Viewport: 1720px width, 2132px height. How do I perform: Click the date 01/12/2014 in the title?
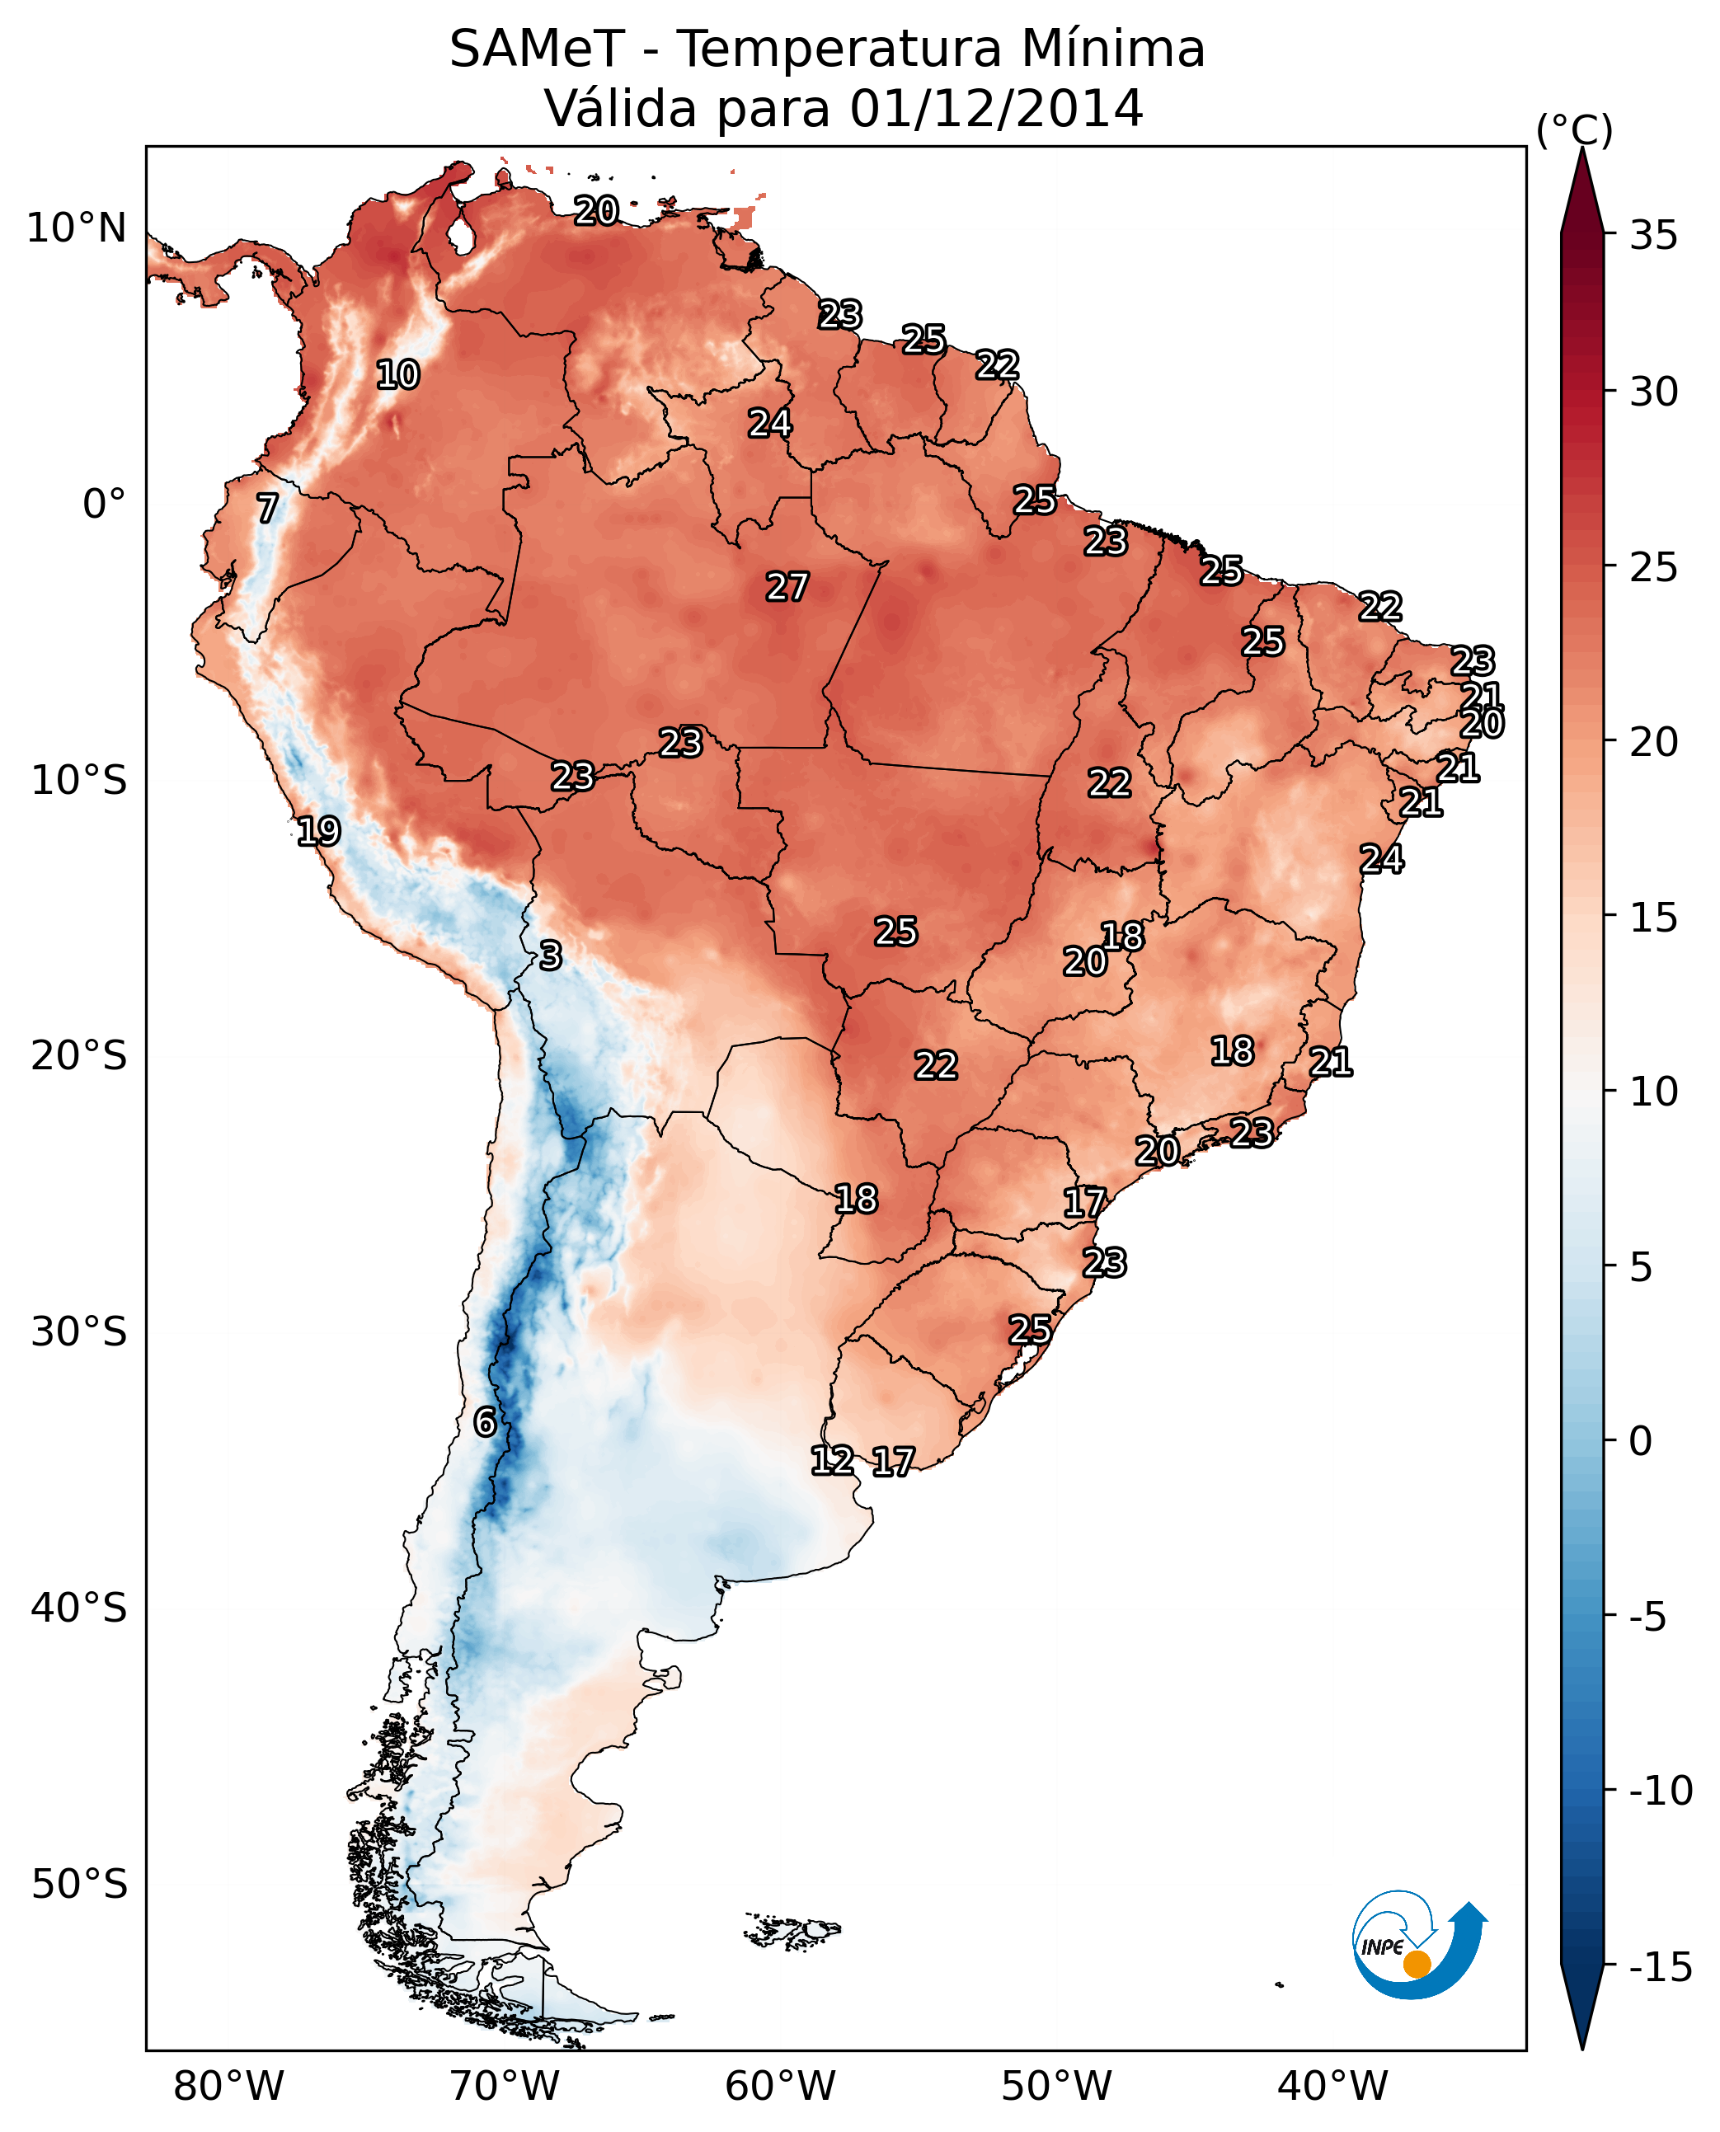pos(996,109)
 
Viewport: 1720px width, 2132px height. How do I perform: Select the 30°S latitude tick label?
pos(78,1332)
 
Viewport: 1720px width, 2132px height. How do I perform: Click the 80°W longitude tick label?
pos(228,2086)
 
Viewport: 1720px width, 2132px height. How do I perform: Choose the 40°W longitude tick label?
pos(1332,2086)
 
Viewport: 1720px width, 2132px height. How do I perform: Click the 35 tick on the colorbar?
pos(1653,236)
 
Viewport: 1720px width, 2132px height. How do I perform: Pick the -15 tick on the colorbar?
pos(1661,1968)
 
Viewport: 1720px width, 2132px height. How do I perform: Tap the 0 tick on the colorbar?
pos(1641,1440)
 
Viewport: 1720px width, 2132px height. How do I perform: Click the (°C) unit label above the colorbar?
pos(1574,129)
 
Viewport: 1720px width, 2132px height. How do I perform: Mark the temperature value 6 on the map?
pos(485,1421)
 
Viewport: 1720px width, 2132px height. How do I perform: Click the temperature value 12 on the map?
pos(832,1460)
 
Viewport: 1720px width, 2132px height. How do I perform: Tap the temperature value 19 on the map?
pos(319,830)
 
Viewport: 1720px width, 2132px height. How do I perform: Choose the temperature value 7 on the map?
pos(267,508)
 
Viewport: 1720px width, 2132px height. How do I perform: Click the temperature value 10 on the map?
pos(398,374)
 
